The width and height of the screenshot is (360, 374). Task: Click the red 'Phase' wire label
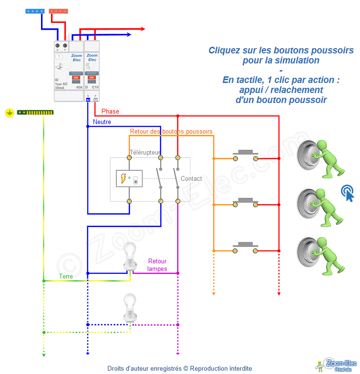click(x=110, y=111)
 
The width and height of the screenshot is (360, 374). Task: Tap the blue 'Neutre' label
click(x=102, y=122)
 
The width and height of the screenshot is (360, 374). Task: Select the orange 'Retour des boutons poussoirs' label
click(x=171, y=131)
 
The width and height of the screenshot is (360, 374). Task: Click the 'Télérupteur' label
click(x=145, y=152)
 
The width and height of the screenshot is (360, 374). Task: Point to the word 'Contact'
click(x=191, y=179)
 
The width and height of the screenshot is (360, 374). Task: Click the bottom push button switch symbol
click(x=245, y=247)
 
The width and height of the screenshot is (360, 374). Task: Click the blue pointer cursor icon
click(x=348, y=193)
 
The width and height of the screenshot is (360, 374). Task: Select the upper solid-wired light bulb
click(x=129, y=257)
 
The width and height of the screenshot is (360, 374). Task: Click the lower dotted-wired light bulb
click(x=129, y=308)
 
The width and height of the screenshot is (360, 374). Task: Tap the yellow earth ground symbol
click(x=9, y=113)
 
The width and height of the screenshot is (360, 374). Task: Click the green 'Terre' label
click(x=66, y=276)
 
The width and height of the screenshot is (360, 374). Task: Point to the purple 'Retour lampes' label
click(x=157, y=265)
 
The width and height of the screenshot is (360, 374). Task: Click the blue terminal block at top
click(x=35, y=10)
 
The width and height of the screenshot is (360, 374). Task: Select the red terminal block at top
click(x=59, y=10)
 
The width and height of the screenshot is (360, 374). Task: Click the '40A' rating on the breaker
click(x=79, y=88)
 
